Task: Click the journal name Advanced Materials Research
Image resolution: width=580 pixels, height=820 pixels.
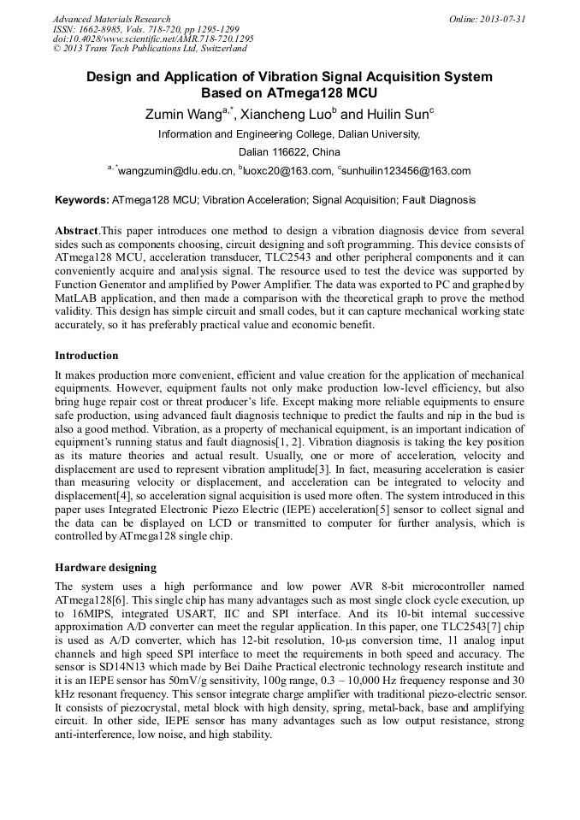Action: pyautogui.click(x=111, y=19)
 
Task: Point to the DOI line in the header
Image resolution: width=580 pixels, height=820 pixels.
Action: pyautogui.click(x=153, y=39)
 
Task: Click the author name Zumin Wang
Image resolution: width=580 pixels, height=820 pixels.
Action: pyautogui.click(x=179, y=114)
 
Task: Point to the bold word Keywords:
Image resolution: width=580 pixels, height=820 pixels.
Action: pyautogui.click(x=82, y=201)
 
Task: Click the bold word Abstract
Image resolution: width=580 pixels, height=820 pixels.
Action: pyautogui.click(x=76, y=232)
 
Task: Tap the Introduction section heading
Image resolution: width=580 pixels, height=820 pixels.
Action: pyautogui.click(x=86, y=355)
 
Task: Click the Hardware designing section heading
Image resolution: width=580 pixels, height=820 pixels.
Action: pyautogui.click(x=107, y=567)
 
